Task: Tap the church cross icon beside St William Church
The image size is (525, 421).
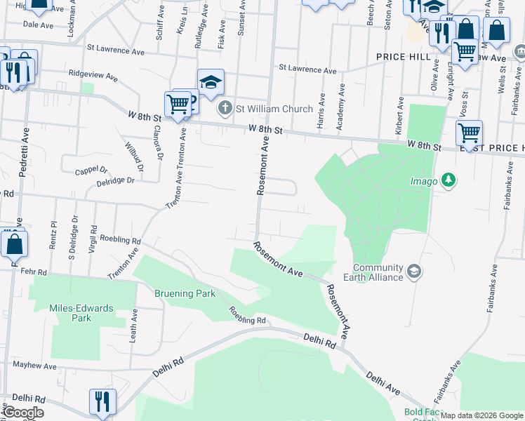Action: [x=225, y=108]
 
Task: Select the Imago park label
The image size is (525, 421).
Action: [x=424, y=181]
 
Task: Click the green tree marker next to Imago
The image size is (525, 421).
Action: [x=448, y=181]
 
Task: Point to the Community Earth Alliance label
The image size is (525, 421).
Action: [x=378, y=272]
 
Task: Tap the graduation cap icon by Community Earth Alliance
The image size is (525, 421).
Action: [x=413, y=271]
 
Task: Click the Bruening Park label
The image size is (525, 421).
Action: [x=186, y=294]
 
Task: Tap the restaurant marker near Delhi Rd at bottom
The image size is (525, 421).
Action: [x=102, y=402]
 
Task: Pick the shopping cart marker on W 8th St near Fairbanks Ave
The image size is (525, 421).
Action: [x=468, y=132]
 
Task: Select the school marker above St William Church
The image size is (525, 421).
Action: [x=210, y=82]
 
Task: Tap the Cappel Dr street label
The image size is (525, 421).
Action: [x=91, y=170]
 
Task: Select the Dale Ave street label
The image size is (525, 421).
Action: [x=38, y=25]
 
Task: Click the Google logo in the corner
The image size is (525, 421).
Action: [x=23, y=413]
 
